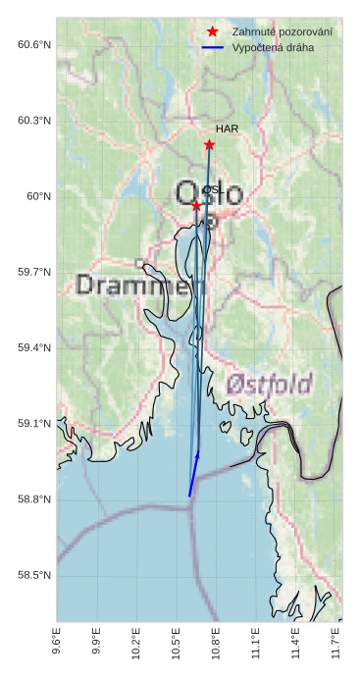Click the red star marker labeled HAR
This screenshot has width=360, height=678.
pyautogui.click(x=209, y=145)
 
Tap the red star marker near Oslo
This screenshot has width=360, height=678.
pyautogui.click(x=197, y=205)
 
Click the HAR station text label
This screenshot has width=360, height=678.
pyautogui.click(x=227, y=129)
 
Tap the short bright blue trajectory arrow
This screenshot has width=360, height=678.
pyautogui.click(x=194, y=474)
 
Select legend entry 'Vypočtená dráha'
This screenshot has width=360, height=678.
pyautogui.click(x=273, y=48)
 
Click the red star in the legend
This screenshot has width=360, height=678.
pyautogui.click(x=213, y=32)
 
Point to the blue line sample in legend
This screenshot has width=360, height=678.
pyautogui.click(x=213, y=48)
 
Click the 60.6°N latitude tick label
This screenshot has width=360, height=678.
pyautogui.click(x=33, y=45)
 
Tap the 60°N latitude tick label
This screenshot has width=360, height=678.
pyautogui.click(x=37, y=196)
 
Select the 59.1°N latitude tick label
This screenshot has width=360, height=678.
pyautogui.click(x=33, y=424)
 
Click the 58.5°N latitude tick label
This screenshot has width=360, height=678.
pyautogui.click(x=33, y=575)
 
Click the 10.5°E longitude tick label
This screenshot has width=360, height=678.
pyautogui.click(x=176, y=646)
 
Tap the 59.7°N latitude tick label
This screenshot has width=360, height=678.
pyautogui.click(x=33, y=272)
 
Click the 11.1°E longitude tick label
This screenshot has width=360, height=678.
pyautogui.click(x=256, y=646)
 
